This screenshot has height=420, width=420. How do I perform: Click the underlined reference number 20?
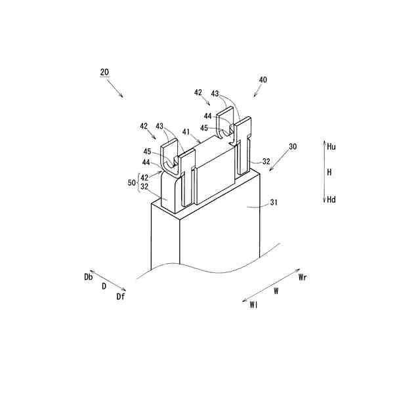104,72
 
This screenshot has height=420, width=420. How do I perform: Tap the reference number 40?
262,79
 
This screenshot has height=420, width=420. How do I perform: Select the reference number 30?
292,147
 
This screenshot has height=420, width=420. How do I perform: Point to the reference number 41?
187,131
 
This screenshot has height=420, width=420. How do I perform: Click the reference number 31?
274,203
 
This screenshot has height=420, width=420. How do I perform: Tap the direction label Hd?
331,199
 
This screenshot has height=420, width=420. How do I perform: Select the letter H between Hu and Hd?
330,172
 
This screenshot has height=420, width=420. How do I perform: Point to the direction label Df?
121,297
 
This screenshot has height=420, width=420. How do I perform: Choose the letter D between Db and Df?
104,287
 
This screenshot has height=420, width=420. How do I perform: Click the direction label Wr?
303,278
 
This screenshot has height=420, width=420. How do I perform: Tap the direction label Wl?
253,304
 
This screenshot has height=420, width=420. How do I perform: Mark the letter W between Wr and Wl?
276,289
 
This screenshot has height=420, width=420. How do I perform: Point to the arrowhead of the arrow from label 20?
123,96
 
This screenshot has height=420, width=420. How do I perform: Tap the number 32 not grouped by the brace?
266,160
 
